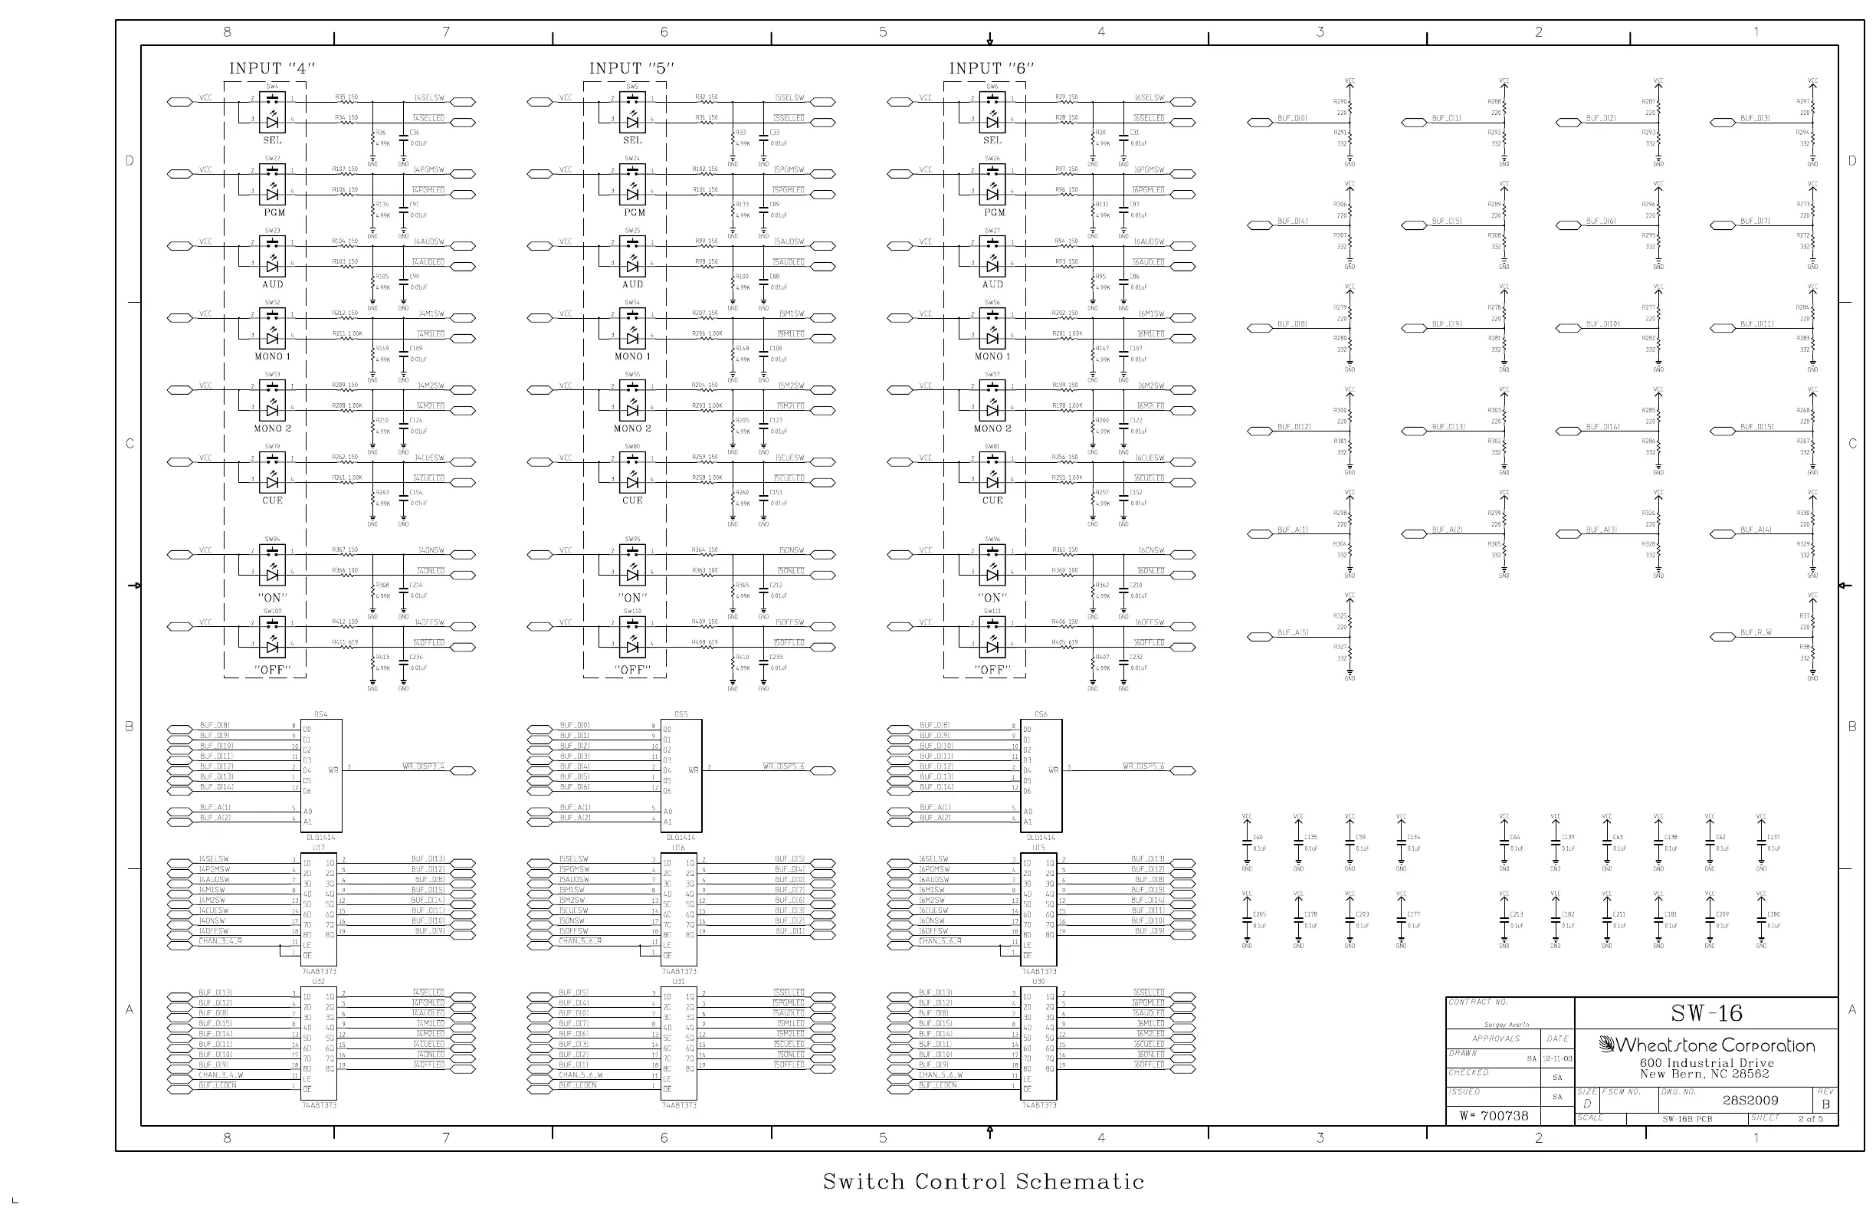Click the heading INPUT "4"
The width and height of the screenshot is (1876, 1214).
click(271, 68)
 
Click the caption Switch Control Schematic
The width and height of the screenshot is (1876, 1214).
click(983, 1181)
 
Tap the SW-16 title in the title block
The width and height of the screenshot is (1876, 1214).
click(1706, 1013)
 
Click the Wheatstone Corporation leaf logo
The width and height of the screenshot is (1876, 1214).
click(1606, 1045)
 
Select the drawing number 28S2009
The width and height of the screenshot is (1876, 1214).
click(1750, 1101)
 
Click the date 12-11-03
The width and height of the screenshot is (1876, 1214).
click(1557, 1058)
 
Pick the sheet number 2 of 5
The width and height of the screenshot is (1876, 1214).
click(1810, 1119)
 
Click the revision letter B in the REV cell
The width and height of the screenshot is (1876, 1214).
click(1825, 1104)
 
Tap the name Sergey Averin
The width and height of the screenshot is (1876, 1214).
click(1507, 1025)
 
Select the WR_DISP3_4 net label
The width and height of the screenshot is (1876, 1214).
click(423, 766)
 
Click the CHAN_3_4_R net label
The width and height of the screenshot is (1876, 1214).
click(220, 941)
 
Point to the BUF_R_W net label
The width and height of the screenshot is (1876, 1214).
click(1756, 632)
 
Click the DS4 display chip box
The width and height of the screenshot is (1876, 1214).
click(322, 775)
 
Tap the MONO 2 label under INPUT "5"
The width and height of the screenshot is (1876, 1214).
click(632, 429)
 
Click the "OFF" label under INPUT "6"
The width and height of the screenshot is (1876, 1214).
click(992, 670)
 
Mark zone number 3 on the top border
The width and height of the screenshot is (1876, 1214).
click(1320, 32)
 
